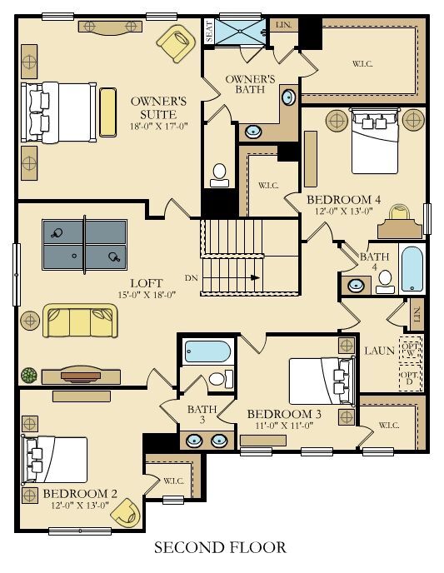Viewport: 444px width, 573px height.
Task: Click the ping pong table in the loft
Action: (x=84, y=245)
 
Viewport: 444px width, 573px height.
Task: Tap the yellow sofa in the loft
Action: (x=80, y=321)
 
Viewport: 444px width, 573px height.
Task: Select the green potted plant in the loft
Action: (x=29, y=376)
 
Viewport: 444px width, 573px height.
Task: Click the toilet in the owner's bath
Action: (x=219, y=176)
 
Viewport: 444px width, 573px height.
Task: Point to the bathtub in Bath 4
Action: (x=412, y=269)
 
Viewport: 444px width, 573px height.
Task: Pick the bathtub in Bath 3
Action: (x=207, y=351)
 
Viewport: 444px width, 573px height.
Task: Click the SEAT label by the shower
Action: (x=209, y=31)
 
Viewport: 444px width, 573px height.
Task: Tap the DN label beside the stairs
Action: (x=191, y=278)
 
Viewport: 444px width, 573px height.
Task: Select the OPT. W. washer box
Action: (x=411, y=349)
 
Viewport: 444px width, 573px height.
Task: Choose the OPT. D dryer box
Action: (x=411, y=378)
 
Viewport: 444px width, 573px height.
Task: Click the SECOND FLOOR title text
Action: (x=221, y=547)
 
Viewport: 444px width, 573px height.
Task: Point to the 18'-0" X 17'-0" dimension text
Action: (x=158, y=127)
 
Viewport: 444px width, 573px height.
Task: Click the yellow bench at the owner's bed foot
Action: (x=107, y=112)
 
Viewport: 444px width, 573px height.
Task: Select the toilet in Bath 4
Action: (x=385, y=282)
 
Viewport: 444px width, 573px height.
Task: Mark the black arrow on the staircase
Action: (x=255, y=277)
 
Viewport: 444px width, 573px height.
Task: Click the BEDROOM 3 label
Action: (x=284, y=414)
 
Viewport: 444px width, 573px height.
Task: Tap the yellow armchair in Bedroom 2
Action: (x=126, y=513)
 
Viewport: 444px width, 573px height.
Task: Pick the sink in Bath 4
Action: (x=356, y=285)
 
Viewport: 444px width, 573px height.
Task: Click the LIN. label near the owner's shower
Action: (x=283, y=25)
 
